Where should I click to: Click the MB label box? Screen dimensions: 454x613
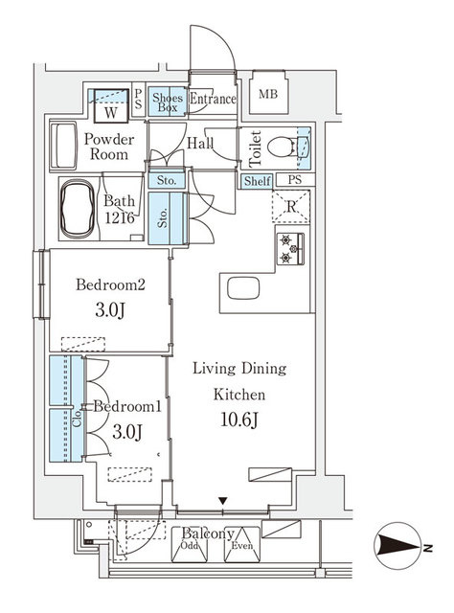tap(268, 93)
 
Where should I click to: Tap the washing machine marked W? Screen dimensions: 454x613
tap(111, 106)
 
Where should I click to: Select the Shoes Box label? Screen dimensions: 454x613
tap(168, 102)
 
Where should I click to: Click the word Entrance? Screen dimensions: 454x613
tap(213, 99)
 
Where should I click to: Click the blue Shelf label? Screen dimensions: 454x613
tap(257, 181)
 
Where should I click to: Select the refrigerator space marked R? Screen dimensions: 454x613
tap(291, 207)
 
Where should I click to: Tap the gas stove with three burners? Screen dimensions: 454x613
tap(290, 249)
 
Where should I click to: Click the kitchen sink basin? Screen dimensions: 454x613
tap(243, 288)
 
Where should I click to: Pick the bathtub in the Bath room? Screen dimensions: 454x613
tap(78, 209)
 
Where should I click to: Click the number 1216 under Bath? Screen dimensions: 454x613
tap(120, 217)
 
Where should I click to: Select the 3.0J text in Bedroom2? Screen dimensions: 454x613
tap(110, 310)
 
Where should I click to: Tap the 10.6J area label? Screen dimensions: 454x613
tap(238, 420)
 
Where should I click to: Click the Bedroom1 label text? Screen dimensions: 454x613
tap(127, 406)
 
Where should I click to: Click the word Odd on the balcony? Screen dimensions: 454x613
tap(190, 545)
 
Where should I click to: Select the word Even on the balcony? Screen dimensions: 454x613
tap(242, 545)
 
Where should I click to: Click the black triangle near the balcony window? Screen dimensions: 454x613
tap(223, 501)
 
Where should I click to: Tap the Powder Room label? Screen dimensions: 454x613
tap(109, 147)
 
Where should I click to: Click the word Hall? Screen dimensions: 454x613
tap(200, 143)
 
